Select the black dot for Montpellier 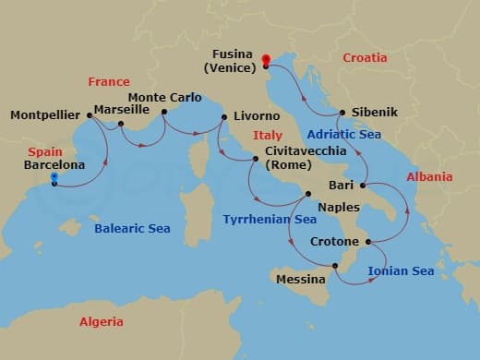(x=89, y=115)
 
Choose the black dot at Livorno (x=222, y=116)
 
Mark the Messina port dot (x=336, y=267)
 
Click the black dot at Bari (x=361, y=186)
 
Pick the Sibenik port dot (x=339, y=113)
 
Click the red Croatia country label (x=366, y=56)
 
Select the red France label (x=109, y=81)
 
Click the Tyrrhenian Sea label (x=270, y=220)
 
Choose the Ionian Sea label (x=401, y=270)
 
